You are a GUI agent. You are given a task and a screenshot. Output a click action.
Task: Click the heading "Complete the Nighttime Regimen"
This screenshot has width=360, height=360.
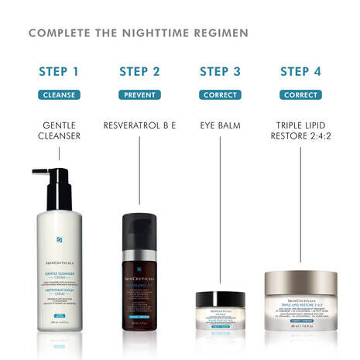(139, 33)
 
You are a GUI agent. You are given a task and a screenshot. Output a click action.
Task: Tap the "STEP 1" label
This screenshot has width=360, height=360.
(59, 72)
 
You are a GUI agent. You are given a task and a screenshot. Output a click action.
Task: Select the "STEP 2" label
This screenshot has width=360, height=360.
(139, 72)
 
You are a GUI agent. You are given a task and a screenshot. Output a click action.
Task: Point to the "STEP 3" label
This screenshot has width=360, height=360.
(220, 72)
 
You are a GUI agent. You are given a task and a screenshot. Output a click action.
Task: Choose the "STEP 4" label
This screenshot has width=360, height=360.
(300, 72)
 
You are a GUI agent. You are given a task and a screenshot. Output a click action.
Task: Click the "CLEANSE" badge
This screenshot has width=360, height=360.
(59, 95)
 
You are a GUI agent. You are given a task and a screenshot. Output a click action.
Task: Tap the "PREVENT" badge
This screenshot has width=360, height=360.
(139, 95)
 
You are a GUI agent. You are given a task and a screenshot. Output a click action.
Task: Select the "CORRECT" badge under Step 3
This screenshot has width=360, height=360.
(220, 95)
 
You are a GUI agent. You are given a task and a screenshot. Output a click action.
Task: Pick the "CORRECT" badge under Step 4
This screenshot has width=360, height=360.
(300, 95)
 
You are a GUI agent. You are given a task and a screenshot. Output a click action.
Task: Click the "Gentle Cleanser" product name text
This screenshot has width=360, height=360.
(59, 130)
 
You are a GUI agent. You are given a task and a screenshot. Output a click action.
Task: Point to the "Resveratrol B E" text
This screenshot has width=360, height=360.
(139, 124)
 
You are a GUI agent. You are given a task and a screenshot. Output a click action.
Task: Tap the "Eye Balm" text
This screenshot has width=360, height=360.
(220, 124)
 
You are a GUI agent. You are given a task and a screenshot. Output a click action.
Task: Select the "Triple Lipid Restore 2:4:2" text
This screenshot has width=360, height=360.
(300, 130)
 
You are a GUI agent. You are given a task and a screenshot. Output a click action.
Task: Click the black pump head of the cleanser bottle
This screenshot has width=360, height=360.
(54, 182)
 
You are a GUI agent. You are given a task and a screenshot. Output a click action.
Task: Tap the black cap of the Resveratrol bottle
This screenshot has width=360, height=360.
(139, 224)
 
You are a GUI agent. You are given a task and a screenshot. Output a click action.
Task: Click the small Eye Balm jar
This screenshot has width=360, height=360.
(220, 308)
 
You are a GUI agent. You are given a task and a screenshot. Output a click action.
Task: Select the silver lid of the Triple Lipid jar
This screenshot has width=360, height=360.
(300, 280)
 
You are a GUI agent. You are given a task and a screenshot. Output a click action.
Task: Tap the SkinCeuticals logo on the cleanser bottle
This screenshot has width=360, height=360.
(59, 245)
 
